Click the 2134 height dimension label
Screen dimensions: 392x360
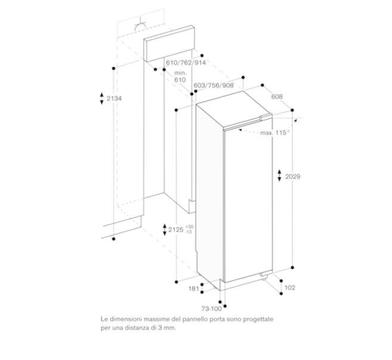point(114,98)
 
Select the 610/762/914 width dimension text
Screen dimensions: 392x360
point(186,62)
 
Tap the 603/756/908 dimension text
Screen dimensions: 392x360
point(214,85)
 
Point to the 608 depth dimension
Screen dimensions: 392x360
point(277,96)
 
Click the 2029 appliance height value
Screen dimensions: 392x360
point(293,177)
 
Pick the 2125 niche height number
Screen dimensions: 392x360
point(176,230)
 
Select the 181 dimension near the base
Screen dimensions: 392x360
point(194,289)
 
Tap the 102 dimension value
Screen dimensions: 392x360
point(290,287)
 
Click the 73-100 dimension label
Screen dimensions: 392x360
point(211,309)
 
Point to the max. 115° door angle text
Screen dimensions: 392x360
point(275,133)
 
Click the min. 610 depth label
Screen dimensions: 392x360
point(180,76)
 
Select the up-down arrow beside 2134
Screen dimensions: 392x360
point(102,98)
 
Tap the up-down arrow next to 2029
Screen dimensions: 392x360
point(279,176)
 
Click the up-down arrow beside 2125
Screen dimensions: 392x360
point(164,230)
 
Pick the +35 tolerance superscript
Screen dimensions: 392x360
point(189,227)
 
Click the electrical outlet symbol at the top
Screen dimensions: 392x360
point(141,26)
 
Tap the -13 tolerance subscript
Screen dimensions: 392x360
point(189,232)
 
